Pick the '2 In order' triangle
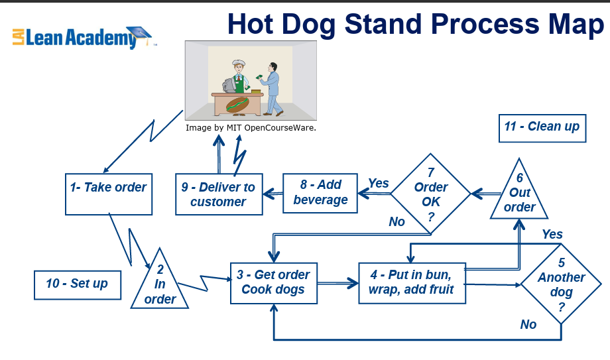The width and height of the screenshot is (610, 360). click(x=160, y=284)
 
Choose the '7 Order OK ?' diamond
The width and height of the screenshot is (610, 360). click(x=431, y=194)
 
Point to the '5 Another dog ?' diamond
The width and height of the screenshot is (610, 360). click(x=561, y=284)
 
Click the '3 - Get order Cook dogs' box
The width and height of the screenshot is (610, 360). click(x=273, y=283)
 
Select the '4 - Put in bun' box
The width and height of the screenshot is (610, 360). click(x=412, y=283)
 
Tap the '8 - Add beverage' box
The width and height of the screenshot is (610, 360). click(x=320, y=193)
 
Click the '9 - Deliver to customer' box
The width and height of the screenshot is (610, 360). click(x=219, y=194)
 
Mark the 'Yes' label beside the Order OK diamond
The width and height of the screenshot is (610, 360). click(x=379, y=183)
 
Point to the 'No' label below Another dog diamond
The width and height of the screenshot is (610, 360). click(x=528, y=324)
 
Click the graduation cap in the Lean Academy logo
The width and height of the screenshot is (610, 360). click(x=139, y=33)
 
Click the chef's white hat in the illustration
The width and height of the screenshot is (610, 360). click(x=239, y=63)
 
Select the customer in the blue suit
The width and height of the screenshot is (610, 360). click(x=272, y=89)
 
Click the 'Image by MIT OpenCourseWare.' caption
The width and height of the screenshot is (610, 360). click(x=251, y=128)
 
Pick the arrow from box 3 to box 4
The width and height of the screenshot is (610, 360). click(x=337, y=283)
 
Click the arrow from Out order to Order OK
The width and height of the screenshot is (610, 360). click(x=486, y=194)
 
